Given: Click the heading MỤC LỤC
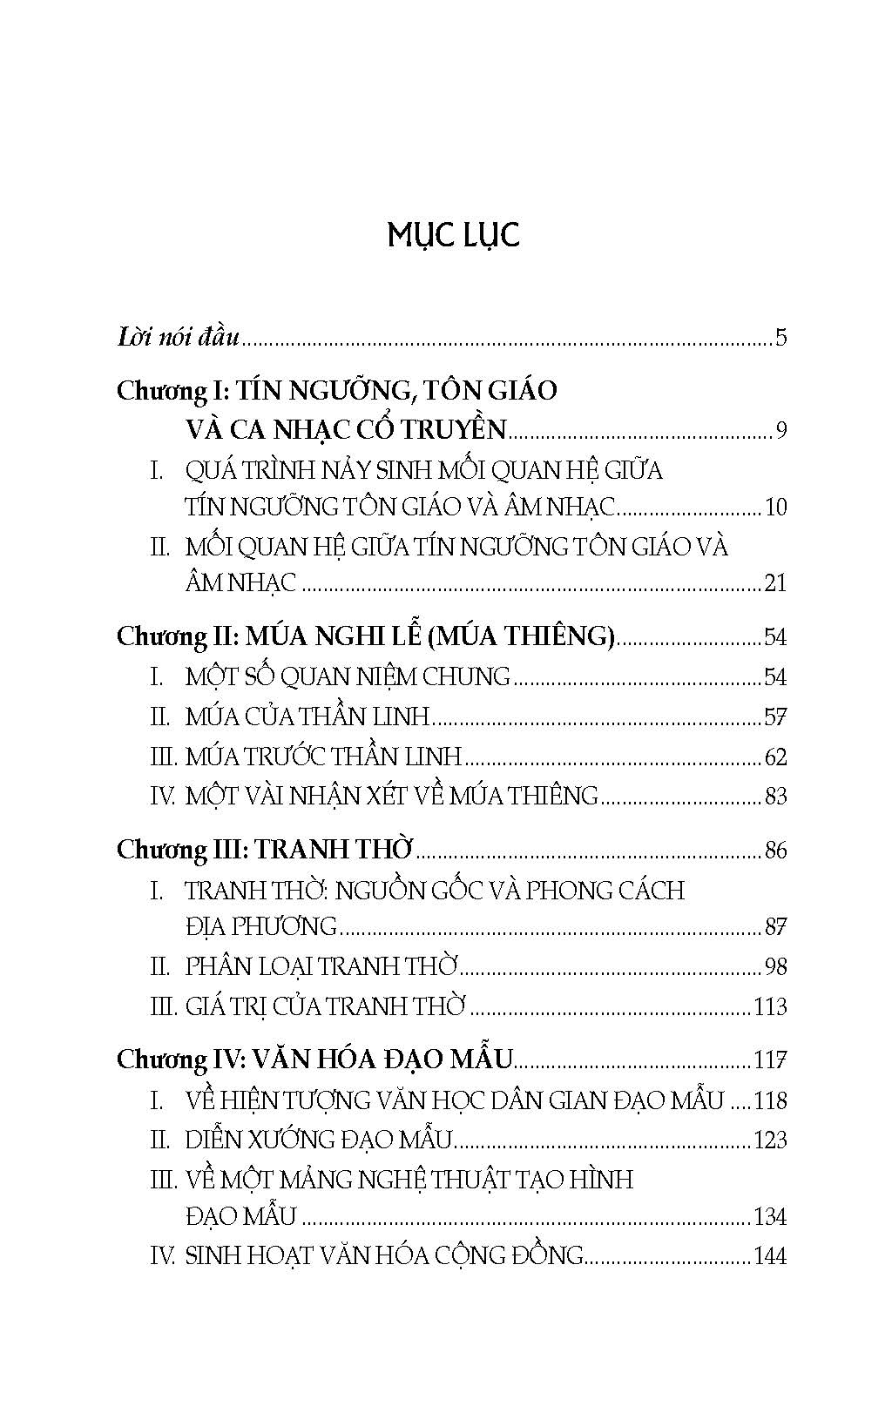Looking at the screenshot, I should point(453,236).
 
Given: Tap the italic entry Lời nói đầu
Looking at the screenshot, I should point(178,337).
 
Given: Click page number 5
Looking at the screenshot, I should point(780,337).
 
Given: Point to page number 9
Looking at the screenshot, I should point(781,430).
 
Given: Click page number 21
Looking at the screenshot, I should point(774,583).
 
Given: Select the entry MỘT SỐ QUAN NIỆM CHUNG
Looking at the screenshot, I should point(348,676).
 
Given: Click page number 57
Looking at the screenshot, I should point(775,717).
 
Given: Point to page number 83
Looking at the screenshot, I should point(774,796).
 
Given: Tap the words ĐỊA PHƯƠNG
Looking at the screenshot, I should point(260,926).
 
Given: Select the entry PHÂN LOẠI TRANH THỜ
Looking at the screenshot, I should point(321,966).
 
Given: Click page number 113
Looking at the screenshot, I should point(770,1007).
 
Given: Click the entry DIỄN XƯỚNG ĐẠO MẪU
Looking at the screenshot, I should point(319,1140).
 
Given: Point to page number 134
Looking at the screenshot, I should point(770,1217).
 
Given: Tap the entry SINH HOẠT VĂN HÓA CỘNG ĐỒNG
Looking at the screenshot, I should point(383,1256).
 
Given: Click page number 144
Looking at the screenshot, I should point(770,1256).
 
